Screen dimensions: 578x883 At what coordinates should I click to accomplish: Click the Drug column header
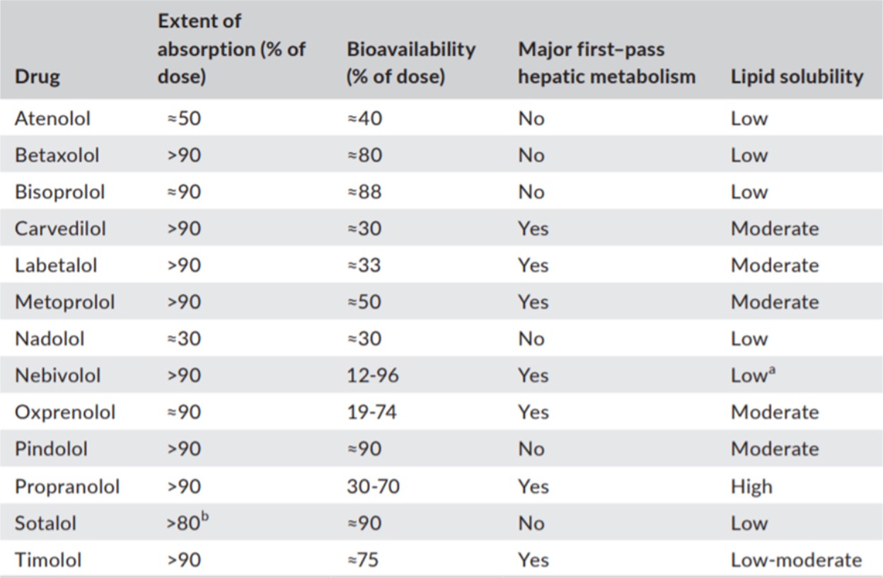point(37,76)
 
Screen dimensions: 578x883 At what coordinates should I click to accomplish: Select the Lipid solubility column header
point(797,76)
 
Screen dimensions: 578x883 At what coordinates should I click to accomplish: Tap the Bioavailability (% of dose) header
point(410,63)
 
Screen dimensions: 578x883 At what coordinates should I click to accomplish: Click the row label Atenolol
point(52,118)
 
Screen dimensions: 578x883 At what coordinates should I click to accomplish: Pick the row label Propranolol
point(67,487)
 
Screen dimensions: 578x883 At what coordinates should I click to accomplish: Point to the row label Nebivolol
point(57,376)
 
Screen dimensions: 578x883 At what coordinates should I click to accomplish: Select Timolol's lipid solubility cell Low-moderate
point(796,560)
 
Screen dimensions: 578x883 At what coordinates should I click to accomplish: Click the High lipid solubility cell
point(751,487)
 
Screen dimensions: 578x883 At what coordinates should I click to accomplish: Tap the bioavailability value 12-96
point(372,376)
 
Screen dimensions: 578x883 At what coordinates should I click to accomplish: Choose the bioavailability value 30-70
point(372,487)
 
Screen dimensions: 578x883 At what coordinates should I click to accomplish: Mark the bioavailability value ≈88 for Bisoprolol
point(364,192)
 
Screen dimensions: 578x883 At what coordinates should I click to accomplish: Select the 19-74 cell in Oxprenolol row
point(371,412)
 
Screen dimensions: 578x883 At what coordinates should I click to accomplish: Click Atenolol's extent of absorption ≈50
point(183,118)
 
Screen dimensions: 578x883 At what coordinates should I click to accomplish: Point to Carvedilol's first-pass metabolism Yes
point(533,229)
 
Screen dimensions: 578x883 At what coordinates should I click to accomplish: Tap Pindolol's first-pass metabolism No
point(531,449)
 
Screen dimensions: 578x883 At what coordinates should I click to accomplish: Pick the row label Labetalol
point(56,265)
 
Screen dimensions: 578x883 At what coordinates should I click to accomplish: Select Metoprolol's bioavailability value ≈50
point(364,302)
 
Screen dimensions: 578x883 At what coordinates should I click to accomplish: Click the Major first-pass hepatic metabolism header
point(606,63)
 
